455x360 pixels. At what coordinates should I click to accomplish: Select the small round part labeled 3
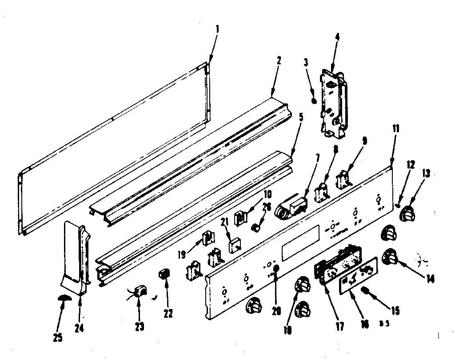point(315,101)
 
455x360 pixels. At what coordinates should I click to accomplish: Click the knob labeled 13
point(407,215)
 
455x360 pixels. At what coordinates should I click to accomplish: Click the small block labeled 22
point(163,275)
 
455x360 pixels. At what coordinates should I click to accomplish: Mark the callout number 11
point(395,129)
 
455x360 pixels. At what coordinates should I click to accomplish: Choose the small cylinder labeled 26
point(256,228)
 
